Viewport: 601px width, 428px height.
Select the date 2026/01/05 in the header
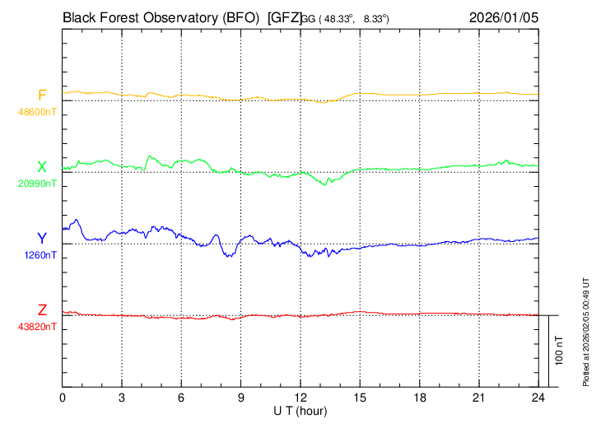505,16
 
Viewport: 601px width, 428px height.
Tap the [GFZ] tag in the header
285,16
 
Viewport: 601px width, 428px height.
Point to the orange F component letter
42,95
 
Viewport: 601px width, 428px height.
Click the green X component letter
42,167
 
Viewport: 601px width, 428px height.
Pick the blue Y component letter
42,239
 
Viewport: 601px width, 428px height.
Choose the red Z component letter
42,310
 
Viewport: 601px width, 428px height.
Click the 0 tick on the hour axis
63,398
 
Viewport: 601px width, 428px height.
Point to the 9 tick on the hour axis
241,398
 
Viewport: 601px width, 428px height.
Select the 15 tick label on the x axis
360,398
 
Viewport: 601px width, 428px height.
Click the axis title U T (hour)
301,410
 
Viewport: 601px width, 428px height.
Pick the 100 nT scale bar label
560,351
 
